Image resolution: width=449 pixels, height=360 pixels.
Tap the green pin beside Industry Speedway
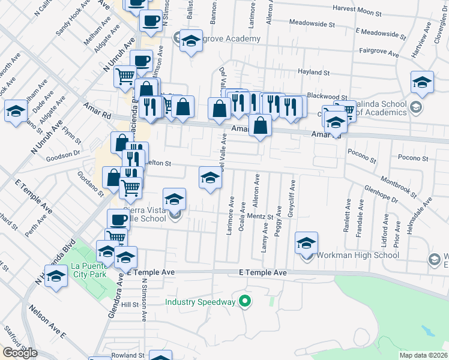click(244, 301)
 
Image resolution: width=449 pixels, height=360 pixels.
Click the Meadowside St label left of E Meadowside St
click(312, 23)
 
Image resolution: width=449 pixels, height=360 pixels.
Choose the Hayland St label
click(316, 71)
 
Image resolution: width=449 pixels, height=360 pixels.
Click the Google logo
click(19, 353)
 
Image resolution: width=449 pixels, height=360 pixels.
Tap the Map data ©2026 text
click(423, 355)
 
